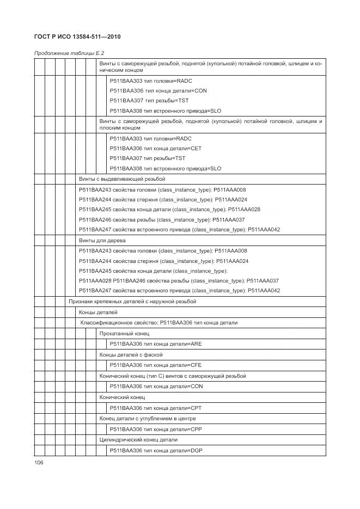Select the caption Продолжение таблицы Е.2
[x=69, y=53]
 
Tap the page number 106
[x=39, y=462]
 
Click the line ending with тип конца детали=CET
[x=158, y=148]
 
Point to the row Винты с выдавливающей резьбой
[x=122, y=179]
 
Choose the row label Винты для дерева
[x=102, y=240]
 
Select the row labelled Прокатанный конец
[x=124, y=333]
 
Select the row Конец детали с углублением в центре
[x=148, y=419]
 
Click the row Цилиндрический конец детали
[x=138, y=440]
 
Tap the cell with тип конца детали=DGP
[x=156, y=450]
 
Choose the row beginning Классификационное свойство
[x=159, y=323]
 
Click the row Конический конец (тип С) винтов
[x=172, y=376]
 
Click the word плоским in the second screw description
[x=112, y=128]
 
